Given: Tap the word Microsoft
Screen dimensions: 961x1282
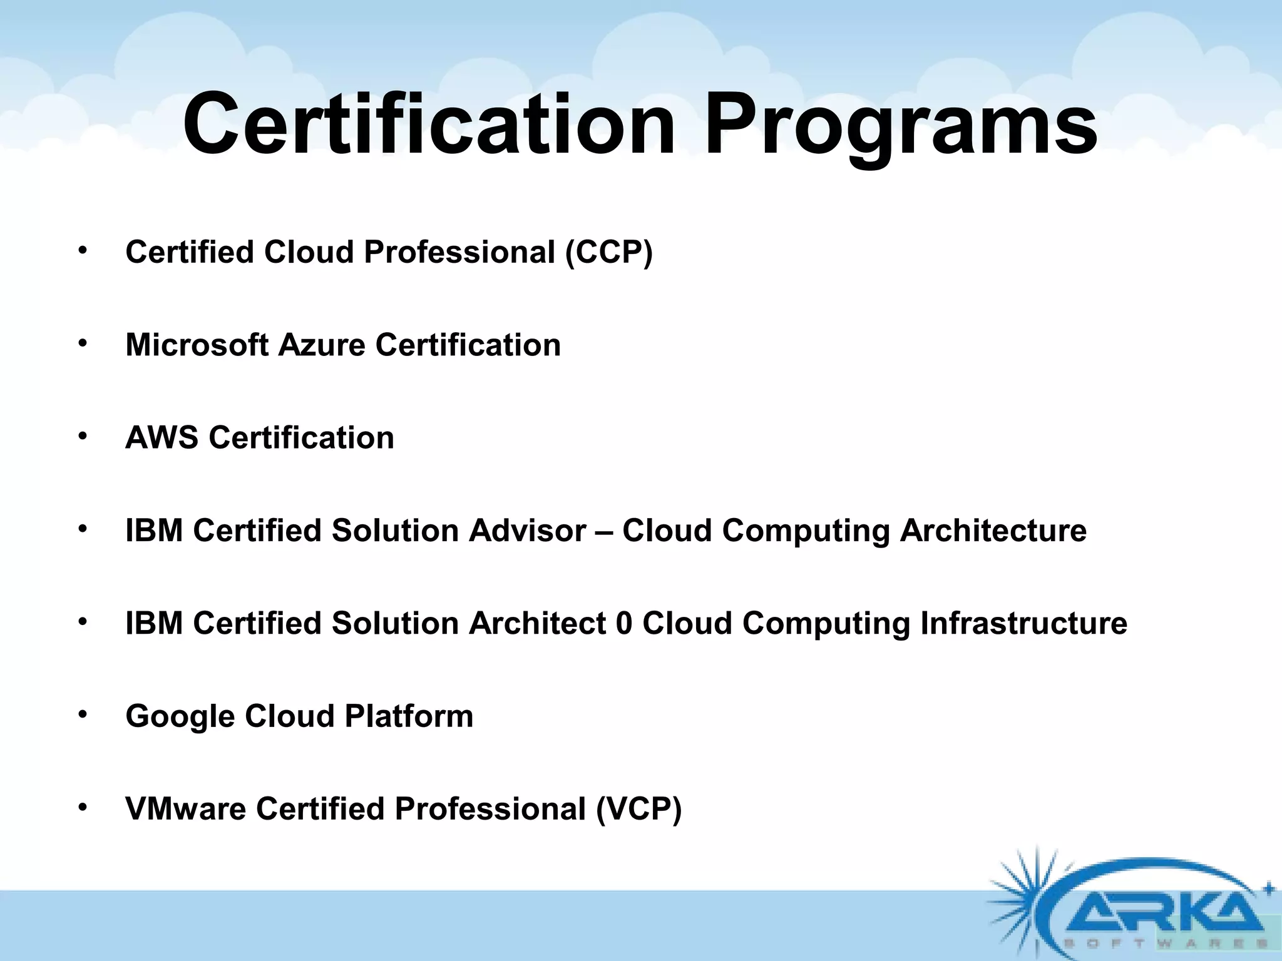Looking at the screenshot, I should pos(197,345).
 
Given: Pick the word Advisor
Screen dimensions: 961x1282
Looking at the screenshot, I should pos(527,531).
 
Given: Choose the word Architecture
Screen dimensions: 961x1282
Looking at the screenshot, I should pos(993,531).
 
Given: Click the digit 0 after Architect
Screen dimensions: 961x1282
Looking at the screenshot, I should pos(624,623).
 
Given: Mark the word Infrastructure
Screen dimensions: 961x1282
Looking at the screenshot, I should pos(1023,623).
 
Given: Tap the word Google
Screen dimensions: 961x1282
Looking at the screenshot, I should pos(180,717).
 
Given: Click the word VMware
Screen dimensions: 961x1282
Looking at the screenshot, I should pos(186,808).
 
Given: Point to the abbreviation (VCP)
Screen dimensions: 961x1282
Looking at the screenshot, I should pos(638,809).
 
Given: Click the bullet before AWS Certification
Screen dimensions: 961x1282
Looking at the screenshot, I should pos(81,437).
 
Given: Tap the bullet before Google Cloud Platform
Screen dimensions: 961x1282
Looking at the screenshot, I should pos(81,715).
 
